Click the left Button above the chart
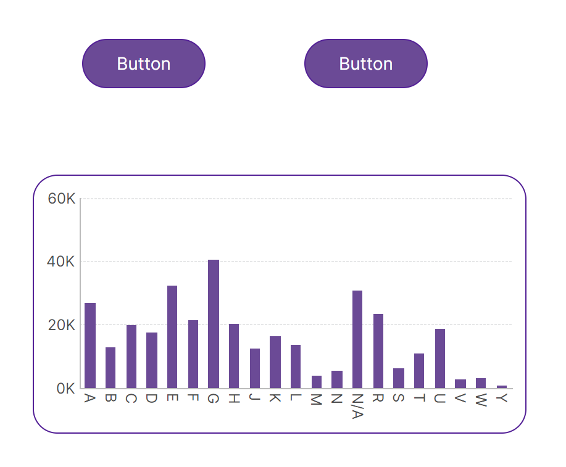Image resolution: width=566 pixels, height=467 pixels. pyautogui.click(x=144, y=64)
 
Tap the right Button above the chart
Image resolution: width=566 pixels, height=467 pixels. pyautogui.click(x=366, y=64)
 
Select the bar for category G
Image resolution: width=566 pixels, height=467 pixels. pyautogui.click(x=214, y=324)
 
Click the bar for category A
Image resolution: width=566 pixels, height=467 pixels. pyautogui.click(x=90, y=345)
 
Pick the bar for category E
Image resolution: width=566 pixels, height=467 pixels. pyautogui.click(x=172, y=337)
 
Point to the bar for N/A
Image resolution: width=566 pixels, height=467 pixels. pyautogui.click(x=357, y=339)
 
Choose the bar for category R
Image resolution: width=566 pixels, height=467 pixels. pyautogui.click(x=378, y=351)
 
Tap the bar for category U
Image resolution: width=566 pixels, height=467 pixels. pyautogui.click(x=440, y=358)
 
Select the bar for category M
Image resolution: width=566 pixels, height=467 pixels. pyautogui.click(x=317, y=382)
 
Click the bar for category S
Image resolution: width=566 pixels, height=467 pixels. pyautogui.click(x=399, y=378)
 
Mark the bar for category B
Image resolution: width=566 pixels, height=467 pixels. pyautogui.click(x=110, y=368)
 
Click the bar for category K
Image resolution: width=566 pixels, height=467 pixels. pyautogui.click(x=275, y=362)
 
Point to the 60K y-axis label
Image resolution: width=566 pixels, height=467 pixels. pyautogui.click(x=62, y=199)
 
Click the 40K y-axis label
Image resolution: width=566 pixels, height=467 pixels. pyautogui.click(x=62, y=262)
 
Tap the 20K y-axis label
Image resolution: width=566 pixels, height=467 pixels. pyautogui.click(x=62, y=325)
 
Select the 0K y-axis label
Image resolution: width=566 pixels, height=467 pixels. pyautogui.click(x=65, y=389)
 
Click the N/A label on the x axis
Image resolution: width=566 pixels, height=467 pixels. pyautogui.click(x=357, y=405)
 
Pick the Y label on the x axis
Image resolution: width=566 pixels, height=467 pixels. pyautogui.click(x=502, y=399)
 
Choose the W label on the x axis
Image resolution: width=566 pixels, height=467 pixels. pyautogui.click(x=481, y=399)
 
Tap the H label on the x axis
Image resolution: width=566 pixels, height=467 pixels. pyautogui.click(x=234, y=399)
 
